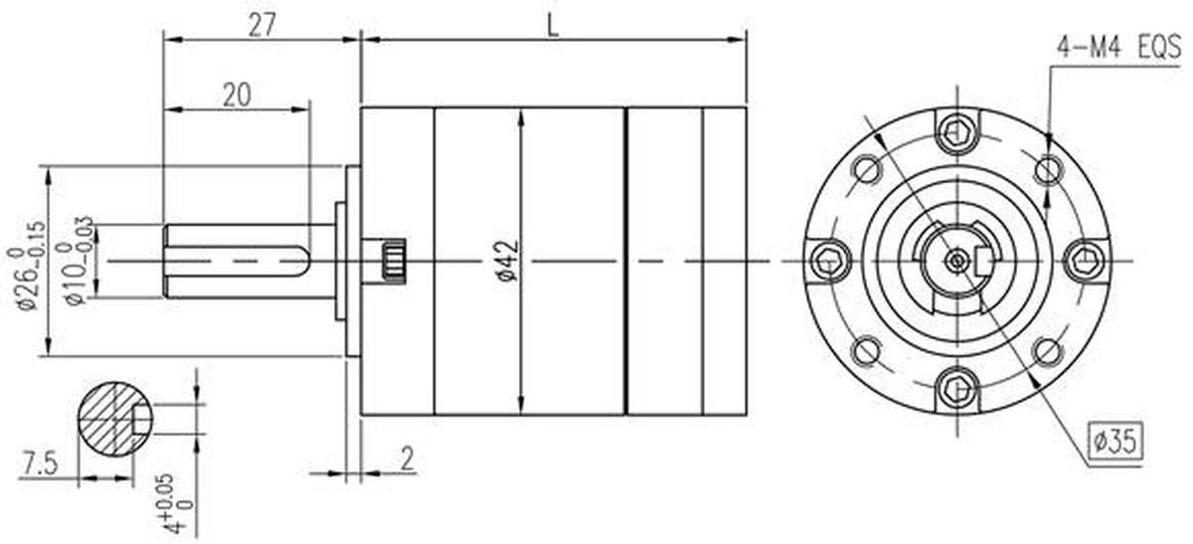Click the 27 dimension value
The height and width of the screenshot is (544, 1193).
click(262, 25)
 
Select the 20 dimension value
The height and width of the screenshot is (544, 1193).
click(237, 95)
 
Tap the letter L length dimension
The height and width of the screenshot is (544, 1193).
click(554, 25)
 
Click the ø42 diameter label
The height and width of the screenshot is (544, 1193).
click(509, 261)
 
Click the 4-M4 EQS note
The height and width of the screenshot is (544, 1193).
click(1118, 48)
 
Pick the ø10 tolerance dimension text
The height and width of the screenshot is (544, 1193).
click(79, 261)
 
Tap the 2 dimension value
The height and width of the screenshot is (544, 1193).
click(407, 458)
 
